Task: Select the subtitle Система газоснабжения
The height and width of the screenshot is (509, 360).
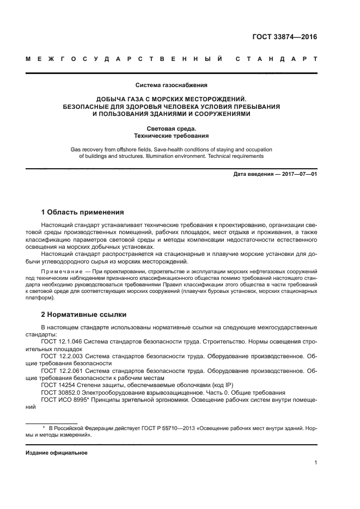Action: click(172, 85)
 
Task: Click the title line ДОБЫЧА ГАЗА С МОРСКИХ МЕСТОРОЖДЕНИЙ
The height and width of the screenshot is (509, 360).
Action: click(172, 99)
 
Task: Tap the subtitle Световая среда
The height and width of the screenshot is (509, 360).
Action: click(172, 128)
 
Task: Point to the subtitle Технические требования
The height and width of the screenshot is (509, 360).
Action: click(172, 136)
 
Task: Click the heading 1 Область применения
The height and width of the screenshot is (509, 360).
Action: click(83, 212)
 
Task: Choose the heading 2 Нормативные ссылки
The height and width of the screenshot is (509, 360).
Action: click(83, 315)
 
